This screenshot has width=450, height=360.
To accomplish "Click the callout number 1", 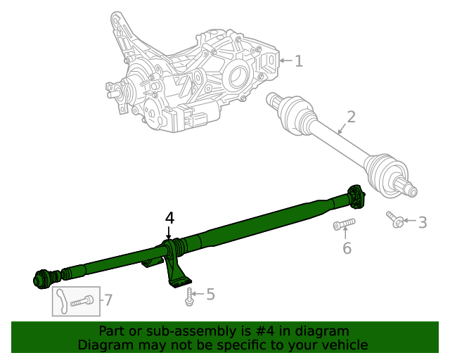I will click(299, 62).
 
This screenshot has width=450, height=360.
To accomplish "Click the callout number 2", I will click(351, 117).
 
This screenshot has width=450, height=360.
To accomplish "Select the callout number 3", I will click(422, 223).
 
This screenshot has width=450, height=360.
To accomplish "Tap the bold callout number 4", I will click(169, 218).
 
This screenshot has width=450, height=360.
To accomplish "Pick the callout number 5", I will click(210, 295).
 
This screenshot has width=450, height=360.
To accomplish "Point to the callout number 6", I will click(347, 247).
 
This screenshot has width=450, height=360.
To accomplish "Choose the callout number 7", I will click(108, 300).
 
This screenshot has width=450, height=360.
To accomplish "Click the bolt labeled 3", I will click(395, 220).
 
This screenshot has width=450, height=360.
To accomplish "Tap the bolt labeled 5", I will click(190, 297).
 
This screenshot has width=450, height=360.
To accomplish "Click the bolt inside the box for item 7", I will click(82, 301).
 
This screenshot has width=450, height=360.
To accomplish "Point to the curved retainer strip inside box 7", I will click(61, 300).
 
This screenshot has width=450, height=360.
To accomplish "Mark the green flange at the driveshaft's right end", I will click(356, 196).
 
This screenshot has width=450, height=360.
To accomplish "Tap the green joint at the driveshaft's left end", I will click(44, 278).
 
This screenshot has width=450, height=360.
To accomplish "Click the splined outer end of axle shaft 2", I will click(407, 188).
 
